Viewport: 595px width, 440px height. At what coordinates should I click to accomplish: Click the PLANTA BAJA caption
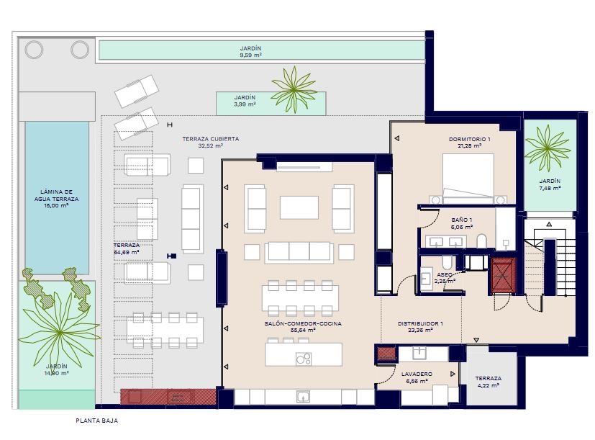click(x=96, y=421)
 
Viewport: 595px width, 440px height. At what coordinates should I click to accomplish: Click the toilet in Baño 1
click(x=481, y=241)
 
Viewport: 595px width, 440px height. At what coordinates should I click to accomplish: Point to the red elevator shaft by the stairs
click(x=503, y=275)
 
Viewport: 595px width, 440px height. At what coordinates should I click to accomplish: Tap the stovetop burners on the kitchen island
click(x=304, y=359)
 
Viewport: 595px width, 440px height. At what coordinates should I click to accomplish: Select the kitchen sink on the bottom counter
click(x=303, y=397)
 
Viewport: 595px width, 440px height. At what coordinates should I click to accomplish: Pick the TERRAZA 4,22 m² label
click(x=488, y=382)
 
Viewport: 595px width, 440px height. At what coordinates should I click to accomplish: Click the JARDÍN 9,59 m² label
click(x=251, y=52)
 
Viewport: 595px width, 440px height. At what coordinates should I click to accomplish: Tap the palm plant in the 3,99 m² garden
click(x=294, y=90)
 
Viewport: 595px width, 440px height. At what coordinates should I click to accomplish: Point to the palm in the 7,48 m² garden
click(x=548, y=148)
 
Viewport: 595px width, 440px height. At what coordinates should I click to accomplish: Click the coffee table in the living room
click(x=299, y=207)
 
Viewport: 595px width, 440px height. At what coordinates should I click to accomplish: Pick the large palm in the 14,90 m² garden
click(x=60, y=331)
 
